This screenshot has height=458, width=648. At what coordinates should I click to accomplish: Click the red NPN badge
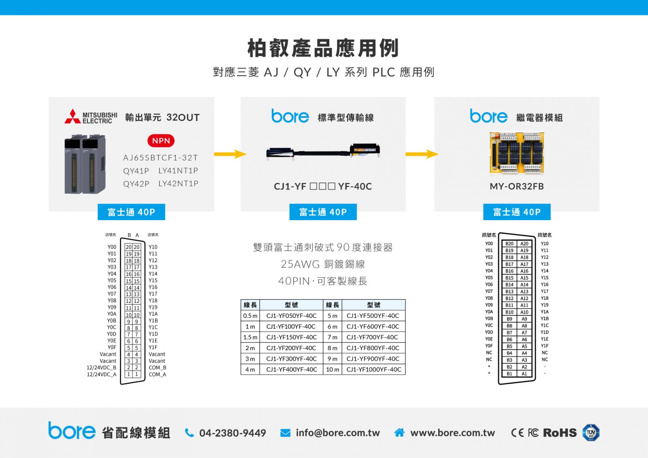pyautogui.click(x=161, y=141)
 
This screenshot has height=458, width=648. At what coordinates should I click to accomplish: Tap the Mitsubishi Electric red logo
pyautogui.click(x=72, y=117)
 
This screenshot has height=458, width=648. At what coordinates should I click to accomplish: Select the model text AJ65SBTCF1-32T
pyautogui.click(x=160, y=158)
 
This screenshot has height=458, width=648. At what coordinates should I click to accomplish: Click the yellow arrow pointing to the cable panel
pyautogui.click(x=230, y=154)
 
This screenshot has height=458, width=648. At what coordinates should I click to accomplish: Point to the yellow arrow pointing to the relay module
pyautogui.click(x=422, y=154)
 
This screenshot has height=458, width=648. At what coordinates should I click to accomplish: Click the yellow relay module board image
pyautogui.click(x=517, y=153)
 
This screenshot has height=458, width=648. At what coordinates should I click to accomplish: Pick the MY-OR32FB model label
pyautogui.click(x=517, y=187)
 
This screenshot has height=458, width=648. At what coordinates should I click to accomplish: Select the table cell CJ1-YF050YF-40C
pyautogui.click(x=291, y=316)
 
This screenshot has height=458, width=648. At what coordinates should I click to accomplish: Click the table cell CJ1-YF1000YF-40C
pyautogui.click(x=373, y=369)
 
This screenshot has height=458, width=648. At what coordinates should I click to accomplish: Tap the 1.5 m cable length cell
pyautogui.click(x=250, y=337)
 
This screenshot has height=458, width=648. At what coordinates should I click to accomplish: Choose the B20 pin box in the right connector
pyautogui.click(x=509, y=244)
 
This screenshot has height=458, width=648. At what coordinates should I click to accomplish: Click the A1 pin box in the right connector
pyautogui.click(x=524, y=373)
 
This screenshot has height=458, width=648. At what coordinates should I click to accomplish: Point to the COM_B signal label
pyautogui.click(x=158, y=367)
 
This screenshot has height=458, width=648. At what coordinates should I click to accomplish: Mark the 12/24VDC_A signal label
pyautogui.click(x=102, y=375)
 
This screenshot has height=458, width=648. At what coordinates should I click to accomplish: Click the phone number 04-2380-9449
pyautogui.click(x=232, y=433)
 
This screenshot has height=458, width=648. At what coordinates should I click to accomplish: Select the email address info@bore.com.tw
pyautogui.click(x=338, y=433)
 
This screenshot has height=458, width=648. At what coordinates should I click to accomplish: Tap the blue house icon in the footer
pyautogui.click(x=399, y=433)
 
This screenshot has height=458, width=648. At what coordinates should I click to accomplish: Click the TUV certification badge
pyautogui.click(x=591, y=433)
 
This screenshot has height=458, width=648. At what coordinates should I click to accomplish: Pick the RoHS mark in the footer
pyautogui.click(x=560, y=433)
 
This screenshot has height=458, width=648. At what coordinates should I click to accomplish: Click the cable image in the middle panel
pyautogui.click(x=323, y=151)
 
